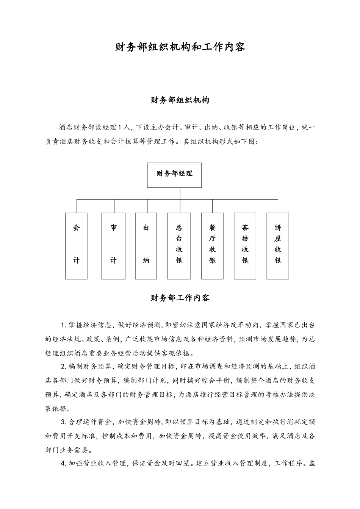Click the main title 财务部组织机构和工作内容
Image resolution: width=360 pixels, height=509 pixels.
click(x=180, y=47)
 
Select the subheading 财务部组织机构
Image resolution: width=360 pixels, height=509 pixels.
click(x=180, y=100)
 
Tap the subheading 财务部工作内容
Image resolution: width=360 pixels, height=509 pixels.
click(x=180, y=298)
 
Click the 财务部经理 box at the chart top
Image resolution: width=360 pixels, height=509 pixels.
click(x=174, y=175)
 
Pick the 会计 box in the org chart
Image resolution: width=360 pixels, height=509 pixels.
click(x=76, y=246)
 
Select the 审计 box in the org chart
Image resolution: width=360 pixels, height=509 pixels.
click(x=113, y=246)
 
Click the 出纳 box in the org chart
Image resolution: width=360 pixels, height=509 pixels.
click(x=146, y=246)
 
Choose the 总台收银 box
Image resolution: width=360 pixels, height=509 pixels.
click(x=179, y=246)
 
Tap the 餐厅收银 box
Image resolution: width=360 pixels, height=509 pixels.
click(x=212, y=246)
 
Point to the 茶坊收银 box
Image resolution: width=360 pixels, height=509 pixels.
click(x=245, y=246)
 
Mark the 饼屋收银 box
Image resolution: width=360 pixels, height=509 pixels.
click(x=278, y=246)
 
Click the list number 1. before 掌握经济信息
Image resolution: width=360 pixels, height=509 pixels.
click(x=63, y=325)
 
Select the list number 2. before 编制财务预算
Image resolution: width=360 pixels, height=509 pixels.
click(x=63, y=367)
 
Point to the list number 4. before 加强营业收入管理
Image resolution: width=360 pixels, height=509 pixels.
click(x=63, y=463)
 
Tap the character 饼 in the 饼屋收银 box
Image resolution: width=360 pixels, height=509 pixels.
click(x=278, y=228)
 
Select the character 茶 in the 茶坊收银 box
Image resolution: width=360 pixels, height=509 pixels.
click(x=245, y=228)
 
